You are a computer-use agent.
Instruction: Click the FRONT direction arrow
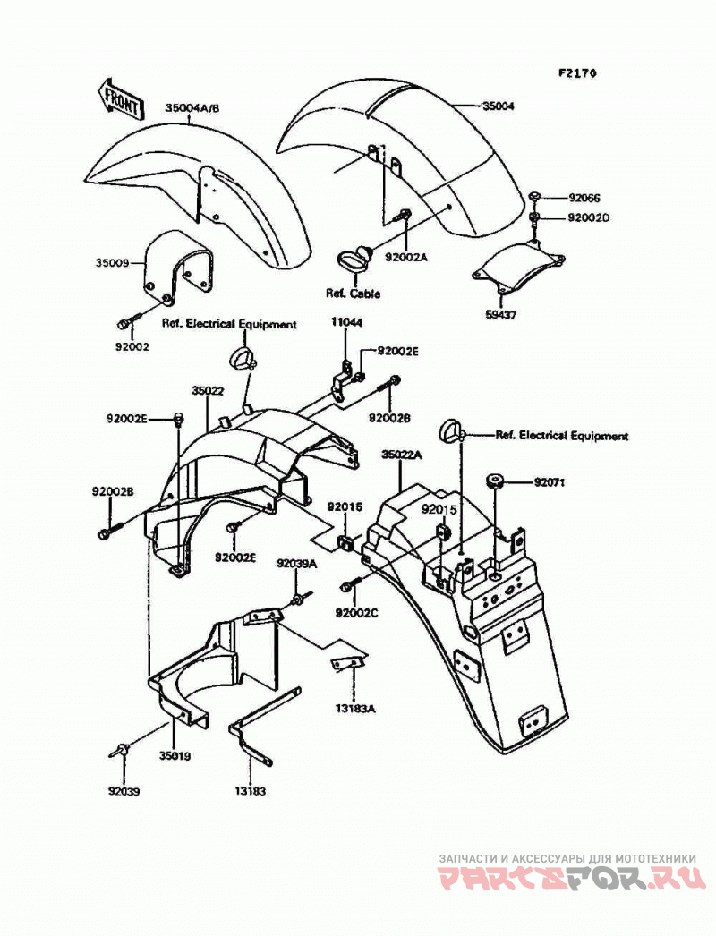point(121,98)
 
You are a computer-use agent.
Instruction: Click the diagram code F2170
point(577,72)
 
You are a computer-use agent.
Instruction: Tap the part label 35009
point(112,262)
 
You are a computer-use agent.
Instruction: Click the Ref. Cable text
point(353,294)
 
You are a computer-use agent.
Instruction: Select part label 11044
point(346,322)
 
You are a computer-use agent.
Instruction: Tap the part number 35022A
point(402,455)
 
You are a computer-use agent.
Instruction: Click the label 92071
point(549,481)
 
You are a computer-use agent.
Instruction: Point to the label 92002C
point(356,612)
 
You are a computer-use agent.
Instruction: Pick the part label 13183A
point(354,709)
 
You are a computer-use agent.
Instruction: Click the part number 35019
point(175,756)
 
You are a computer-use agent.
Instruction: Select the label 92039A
point(296,563)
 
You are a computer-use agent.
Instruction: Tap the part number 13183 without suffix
point(250,791)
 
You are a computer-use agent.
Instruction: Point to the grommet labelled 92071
point(494,481)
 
